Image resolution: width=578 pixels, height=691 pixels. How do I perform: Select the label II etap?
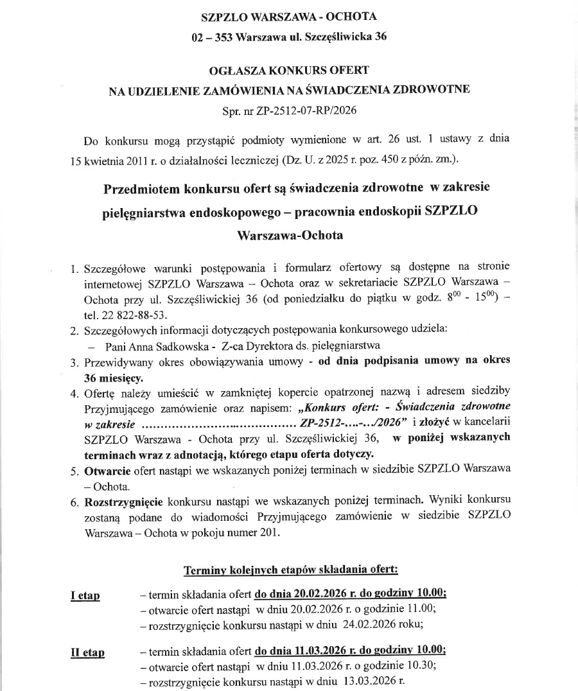coord(87,653)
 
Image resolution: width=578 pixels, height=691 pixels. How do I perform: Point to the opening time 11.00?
coord(423,609)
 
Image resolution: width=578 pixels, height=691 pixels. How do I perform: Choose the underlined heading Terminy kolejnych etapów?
coord(290,570)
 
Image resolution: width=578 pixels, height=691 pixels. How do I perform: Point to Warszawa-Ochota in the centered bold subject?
coord(290,235)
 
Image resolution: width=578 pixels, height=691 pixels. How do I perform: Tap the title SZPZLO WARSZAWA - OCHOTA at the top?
coord(289,16)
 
